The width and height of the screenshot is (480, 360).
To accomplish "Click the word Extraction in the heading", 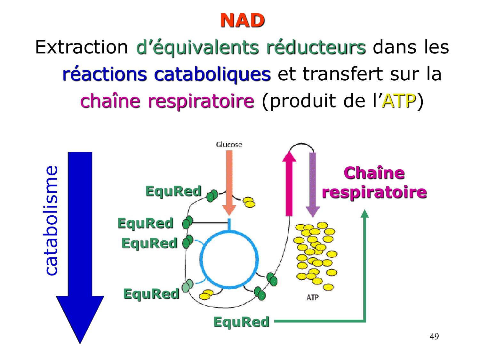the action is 82,47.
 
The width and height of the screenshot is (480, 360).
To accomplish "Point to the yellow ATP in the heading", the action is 399,101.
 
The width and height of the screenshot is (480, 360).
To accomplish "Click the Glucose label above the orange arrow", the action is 229,145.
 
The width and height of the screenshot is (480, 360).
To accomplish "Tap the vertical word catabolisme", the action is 51,221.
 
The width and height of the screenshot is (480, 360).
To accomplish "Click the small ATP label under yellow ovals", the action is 312,298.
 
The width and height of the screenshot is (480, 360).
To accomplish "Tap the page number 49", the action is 434,336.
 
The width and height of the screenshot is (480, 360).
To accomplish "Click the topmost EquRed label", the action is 173,191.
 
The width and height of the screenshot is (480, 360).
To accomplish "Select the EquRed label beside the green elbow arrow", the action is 241,322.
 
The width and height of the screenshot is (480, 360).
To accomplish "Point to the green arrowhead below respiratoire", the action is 365,214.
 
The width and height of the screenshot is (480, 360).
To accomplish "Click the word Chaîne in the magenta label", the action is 374,173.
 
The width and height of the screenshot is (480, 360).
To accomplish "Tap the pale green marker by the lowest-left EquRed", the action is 187,286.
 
